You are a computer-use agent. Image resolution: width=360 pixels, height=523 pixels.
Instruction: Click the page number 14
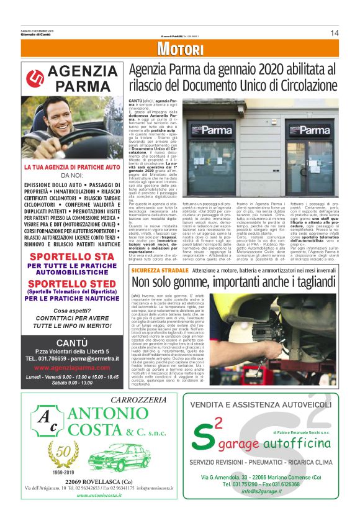334,33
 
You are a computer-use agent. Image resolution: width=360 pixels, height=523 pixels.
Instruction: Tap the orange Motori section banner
179,50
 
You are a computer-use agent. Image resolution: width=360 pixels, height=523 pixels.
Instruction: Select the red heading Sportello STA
72,257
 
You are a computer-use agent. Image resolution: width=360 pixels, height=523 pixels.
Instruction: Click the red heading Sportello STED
72,283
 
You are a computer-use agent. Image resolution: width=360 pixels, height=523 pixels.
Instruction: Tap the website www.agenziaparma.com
72,367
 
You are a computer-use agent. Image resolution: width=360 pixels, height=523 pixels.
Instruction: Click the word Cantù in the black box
72,342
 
